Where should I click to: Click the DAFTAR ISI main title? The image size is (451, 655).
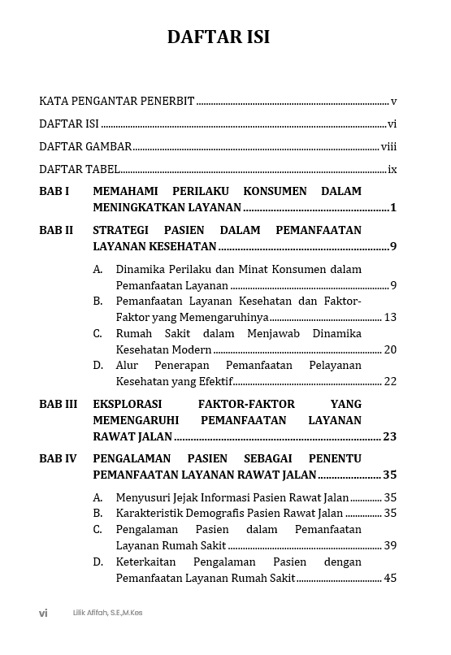tap(218, 37)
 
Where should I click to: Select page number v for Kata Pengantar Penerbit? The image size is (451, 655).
tap(393, 102)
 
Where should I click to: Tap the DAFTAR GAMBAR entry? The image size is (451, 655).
tap(85, 147)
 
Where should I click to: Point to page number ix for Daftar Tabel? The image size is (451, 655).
tap(392, 170)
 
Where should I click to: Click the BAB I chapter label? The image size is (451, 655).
tap(54, 192)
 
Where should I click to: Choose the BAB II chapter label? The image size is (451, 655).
tap(55, 231)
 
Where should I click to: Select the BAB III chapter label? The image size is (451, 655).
tap(58, 405)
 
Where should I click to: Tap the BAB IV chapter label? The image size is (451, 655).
tap(58, 459)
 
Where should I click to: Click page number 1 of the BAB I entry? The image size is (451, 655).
tap(393, 208)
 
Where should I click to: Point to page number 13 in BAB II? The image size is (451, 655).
tap(390, 318)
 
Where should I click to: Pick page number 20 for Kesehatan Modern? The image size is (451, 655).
tap(390, 350)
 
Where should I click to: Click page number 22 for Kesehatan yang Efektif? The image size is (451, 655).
tap(390, 382)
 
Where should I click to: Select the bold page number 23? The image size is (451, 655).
tap(389, 437)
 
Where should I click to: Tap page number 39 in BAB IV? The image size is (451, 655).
tap(390, 546)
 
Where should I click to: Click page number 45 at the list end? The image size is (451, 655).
tap(390, 579)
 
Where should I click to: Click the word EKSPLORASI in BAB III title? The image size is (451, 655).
tap(127, 405)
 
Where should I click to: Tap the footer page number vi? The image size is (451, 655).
tap(43, 614)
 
